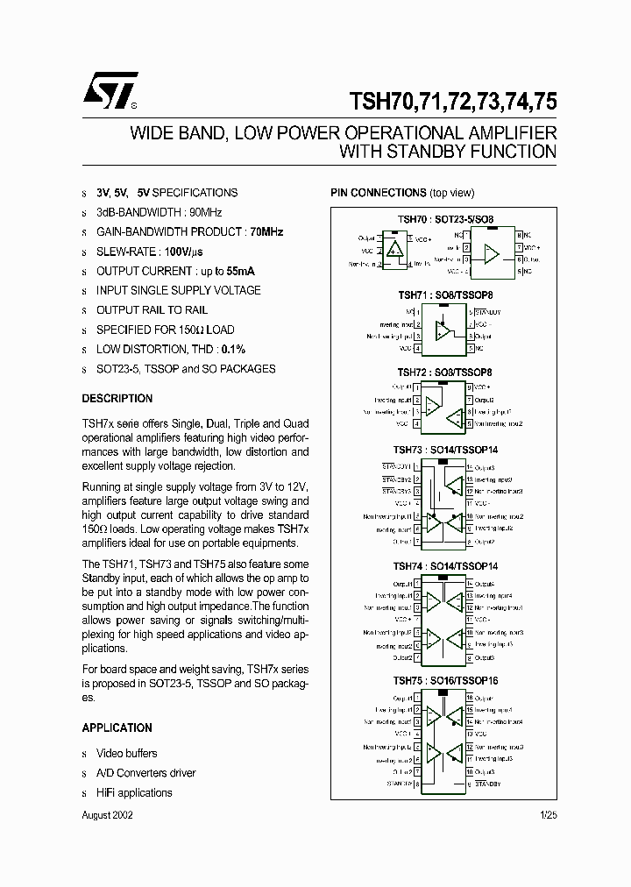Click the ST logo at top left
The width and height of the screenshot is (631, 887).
tap(110, 89)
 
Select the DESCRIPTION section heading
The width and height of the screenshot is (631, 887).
tap(117, 399)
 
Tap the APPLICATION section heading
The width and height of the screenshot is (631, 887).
tap(117, 728)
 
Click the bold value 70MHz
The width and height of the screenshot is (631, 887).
tap(266, 232)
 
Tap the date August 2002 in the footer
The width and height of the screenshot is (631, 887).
tap(108, 814)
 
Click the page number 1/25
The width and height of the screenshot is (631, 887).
tap(548, 814)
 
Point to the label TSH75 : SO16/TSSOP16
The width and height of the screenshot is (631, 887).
tap(444, 679)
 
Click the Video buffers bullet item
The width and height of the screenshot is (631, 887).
tap(127, 754)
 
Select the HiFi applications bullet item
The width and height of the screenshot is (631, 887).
tap(134, 793)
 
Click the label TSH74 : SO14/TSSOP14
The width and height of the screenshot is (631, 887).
tap(444, 566)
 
